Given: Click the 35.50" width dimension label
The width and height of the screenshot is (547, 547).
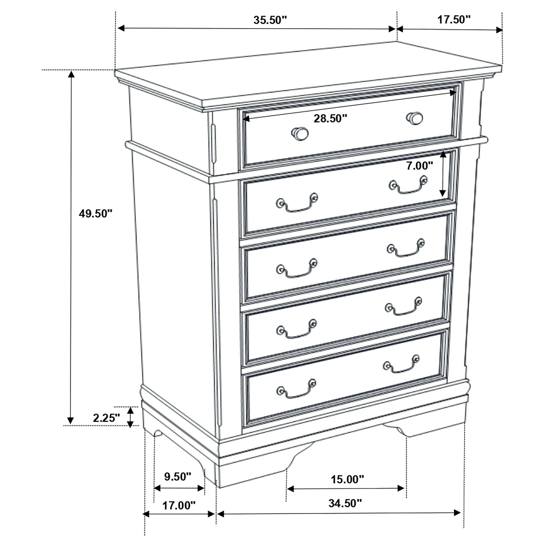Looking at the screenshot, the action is click(x=270, y=20).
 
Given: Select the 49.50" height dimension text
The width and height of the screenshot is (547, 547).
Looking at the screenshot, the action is click(x=96, y=214).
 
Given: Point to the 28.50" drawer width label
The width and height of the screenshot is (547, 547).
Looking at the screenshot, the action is click(x=330, y=119).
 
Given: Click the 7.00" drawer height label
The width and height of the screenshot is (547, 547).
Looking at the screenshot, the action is click(x=420, y=166).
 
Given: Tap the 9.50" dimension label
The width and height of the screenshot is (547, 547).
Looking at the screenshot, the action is click(x=178, y=477).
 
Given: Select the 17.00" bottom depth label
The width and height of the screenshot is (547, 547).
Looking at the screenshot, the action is click(x=179, y=505).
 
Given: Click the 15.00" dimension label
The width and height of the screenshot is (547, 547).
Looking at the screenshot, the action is click(x=347, y=479).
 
